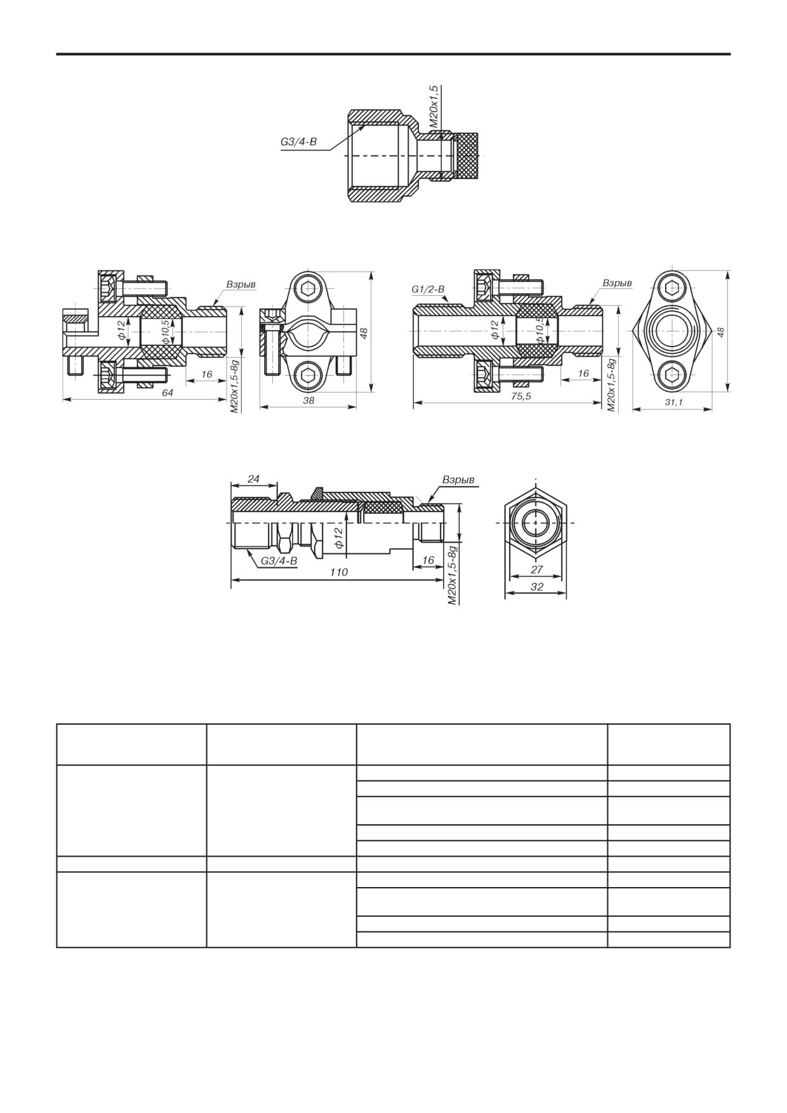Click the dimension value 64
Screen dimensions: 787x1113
coord(168,393)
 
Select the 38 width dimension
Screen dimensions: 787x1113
coord(308,401)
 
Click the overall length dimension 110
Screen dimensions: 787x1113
coord(339,572)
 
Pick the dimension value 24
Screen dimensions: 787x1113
coord(254,479)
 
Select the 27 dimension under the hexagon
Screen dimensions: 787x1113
coord(536,570)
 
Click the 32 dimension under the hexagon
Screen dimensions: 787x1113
coord(536,587)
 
